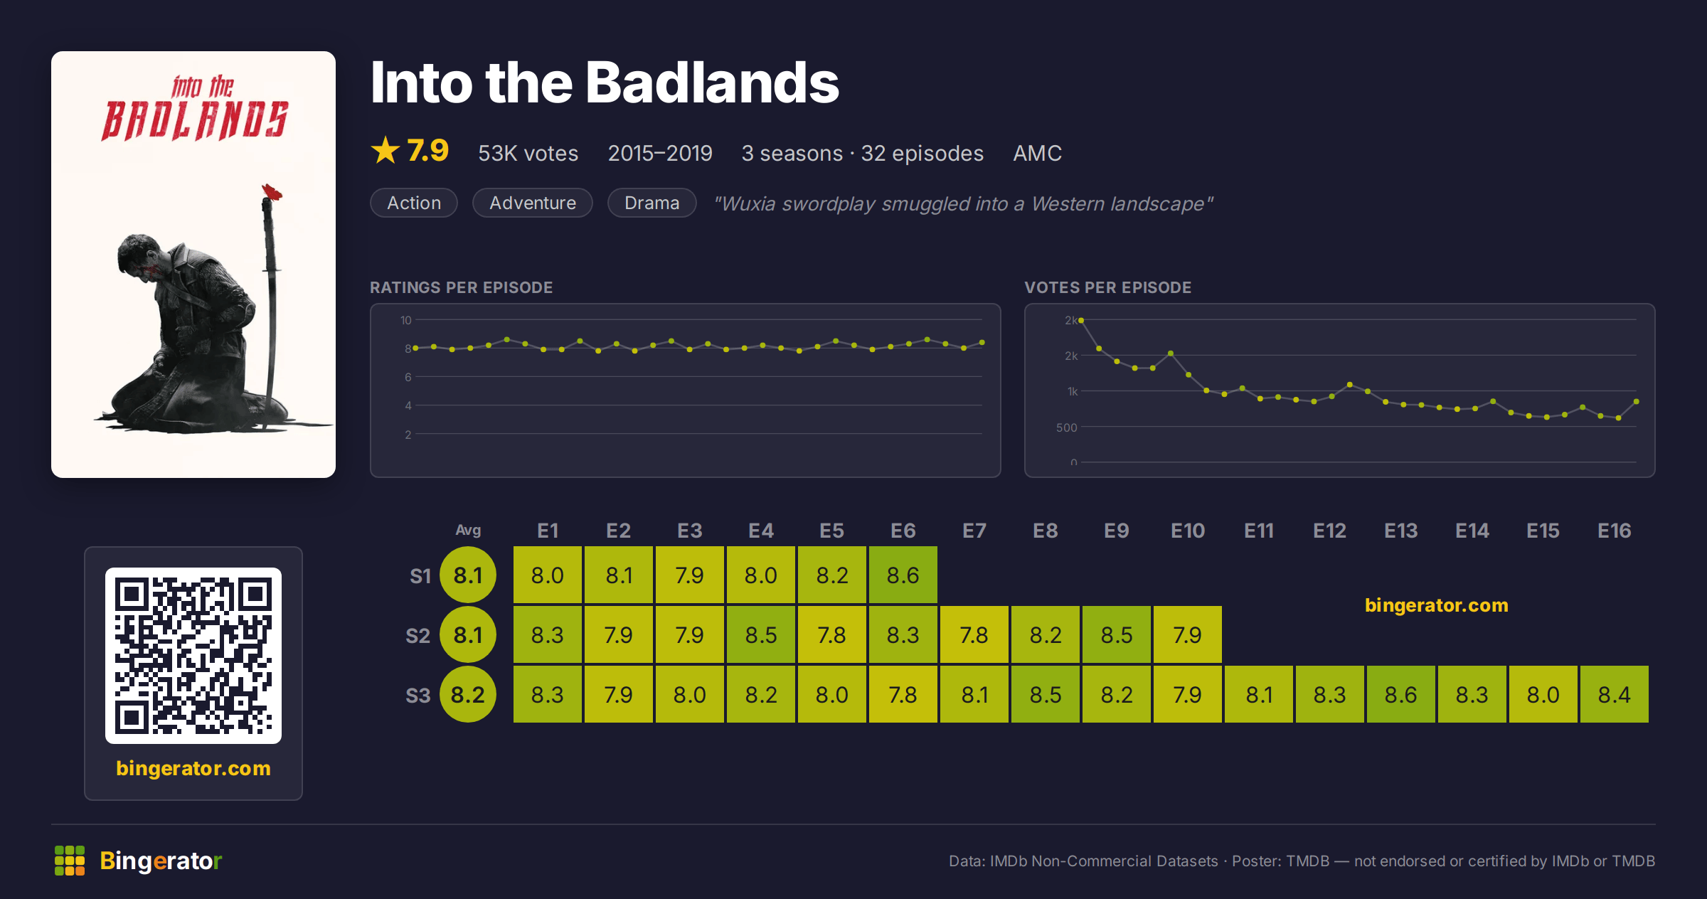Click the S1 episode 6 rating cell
click(903, 575)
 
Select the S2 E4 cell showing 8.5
click(761, 634)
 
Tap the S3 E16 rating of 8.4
click(1615, 694)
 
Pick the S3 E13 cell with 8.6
click(1401, 694)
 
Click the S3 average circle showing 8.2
click(468, 694)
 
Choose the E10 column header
click(1188, 531)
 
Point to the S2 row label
click(418, 635)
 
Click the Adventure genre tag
click(533, 203)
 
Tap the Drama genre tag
click(652, 203)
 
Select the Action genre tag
click(414, 203)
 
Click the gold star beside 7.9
click(385, 150)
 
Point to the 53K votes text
click(528, 153)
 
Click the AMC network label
click(1037, 153)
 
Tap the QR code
click(193, 656)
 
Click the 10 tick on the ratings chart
click(406, 320)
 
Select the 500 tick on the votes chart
click(1067, 427)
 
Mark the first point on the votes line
click(1081, 321)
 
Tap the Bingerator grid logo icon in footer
click(70, 861)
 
